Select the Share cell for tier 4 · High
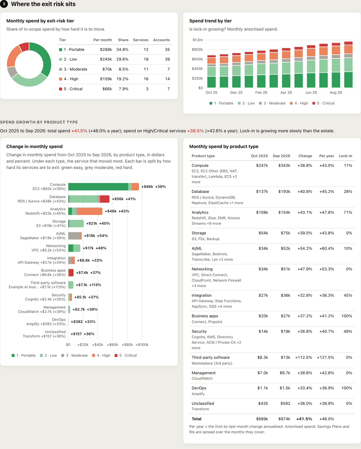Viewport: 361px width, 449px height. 122,79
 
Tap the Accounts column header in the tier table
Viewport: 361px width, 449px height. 161,40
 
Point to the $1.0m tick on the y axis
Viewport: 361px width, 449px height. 198,40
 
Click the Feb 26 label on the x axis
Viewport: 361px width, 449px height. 261,93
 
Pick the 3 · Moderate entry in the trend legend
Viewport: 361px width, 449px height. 272,103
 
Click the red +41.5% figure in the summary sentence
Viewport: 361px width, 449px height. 79,131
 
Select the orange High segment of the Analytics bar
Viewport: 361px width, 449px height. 90,211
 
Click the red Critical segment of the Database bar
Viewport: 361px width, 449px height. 105,199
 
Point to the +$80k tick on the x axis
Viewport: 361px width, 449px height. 127,345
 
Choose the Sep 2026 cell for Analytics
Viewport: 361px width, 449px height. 284,212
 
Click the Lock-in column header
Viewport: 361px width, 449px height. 345,156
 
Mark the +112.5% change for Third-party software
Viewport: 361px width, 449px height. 303,357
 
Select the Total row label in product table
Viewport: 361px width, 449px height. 196,419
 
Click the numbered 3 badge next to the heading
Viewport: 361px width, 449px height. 4,4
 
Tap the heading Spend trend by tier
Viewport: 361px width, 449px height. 210,21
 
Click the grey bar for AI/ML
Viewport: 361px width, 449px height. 74,236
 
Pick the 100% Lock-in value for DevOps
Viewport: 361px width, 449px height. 347,388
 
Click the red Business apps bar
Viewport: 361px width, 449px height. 71,273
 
